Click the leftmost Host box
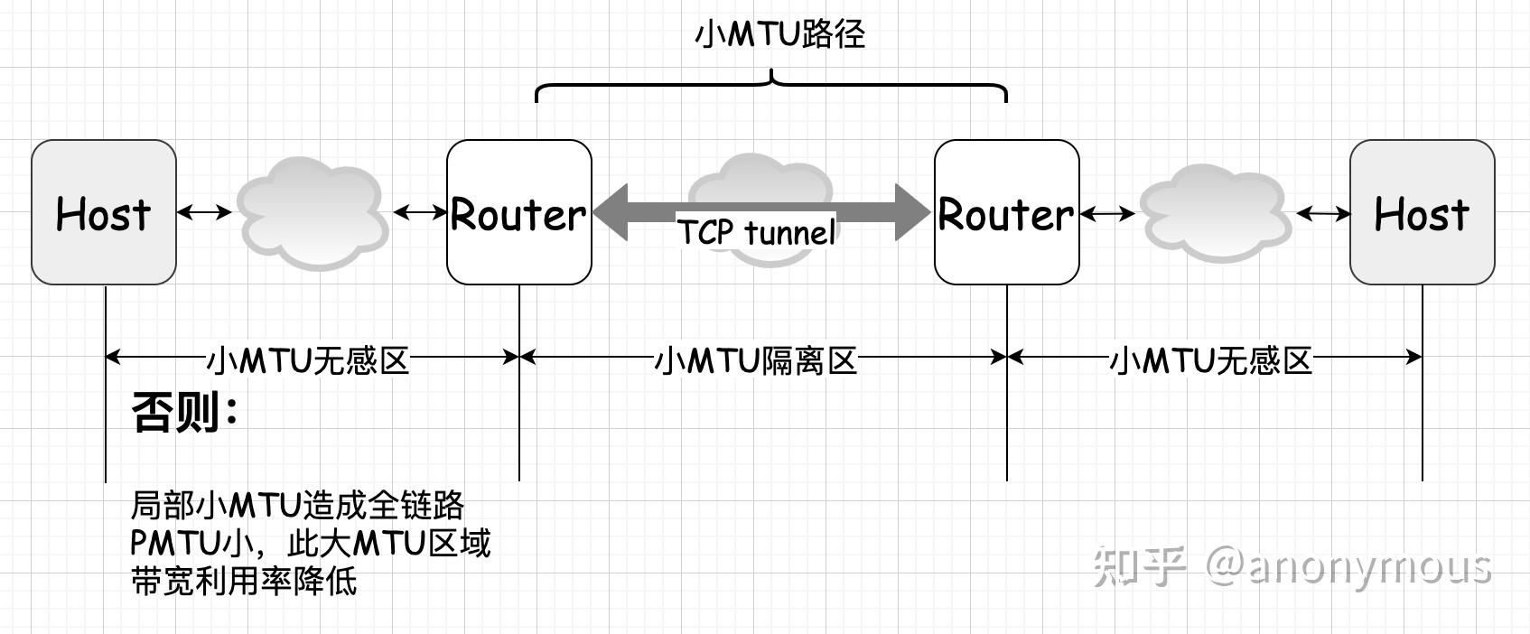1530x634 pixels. coord(104,212)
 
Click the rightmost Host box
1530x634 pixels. coord(1422,212)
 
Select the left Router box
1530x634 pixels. coord(519,212)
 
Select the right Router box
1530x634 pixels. coord(1006,212)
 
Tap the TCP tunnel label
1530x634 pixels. coord(757,232)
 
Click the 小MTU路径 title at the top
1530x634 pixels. coord(780,34)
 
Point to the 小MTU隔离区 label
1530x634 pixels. coord(755,360)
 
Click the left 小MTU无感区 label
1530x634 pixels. coord(308,360)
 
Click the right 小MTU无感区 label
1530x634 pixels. coord(1210,360)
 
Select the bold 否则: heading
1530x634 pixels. coord(185,413)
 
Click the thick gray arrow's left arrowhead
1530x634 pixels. coord(611,212)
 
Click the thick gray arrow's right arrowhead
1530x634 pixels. coord(912,212)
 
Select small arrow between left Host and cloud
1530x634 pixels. coord(205,212)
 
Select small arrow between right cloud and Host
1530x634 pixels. coord(1323,214)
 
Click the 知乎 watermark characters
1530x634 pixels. coord(1139,566)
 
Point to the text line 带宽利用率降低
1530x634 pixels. coord(244,581)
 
